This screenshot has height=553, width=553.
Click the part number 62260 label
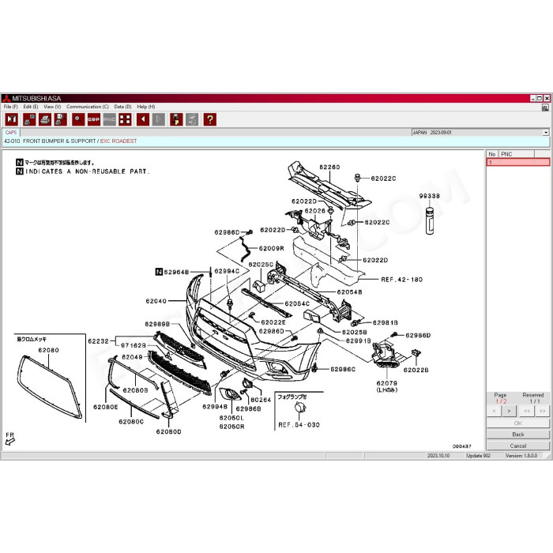tap(329, 167)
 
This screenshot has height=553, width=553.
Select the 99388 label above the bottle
tap(429, 195)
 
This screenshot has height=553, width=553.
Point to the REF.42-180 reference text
tap(402, 279)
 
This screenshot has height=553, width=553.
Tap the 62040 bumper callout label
tap(156, 301)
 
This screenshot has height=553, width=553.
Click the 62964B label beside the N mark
tap(177, 272)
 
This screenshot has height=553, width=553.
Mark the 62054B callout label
tap(349, 292)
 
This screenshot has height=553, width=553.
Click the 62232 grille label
tap(98, 340)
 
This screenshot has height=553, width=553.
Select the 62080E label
tap(105, 407)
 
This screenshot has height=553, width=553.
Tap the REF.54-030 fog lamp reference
tap(299, 425)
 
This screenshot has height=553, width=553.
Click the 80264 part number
tap(261, 400)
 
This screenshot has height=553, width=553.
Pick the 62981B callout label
tap(386, 322)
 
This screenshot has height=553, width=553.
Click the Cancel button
tap(518, 446)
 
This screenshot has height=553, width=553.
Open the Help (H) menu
tap(146, 107)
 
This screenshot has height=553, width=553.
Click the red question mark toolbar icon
tap(209, 119)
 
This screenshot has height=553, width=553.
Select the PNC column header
tap(507, 154)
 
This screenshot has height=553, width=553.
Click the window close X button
tap(546, 98)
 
